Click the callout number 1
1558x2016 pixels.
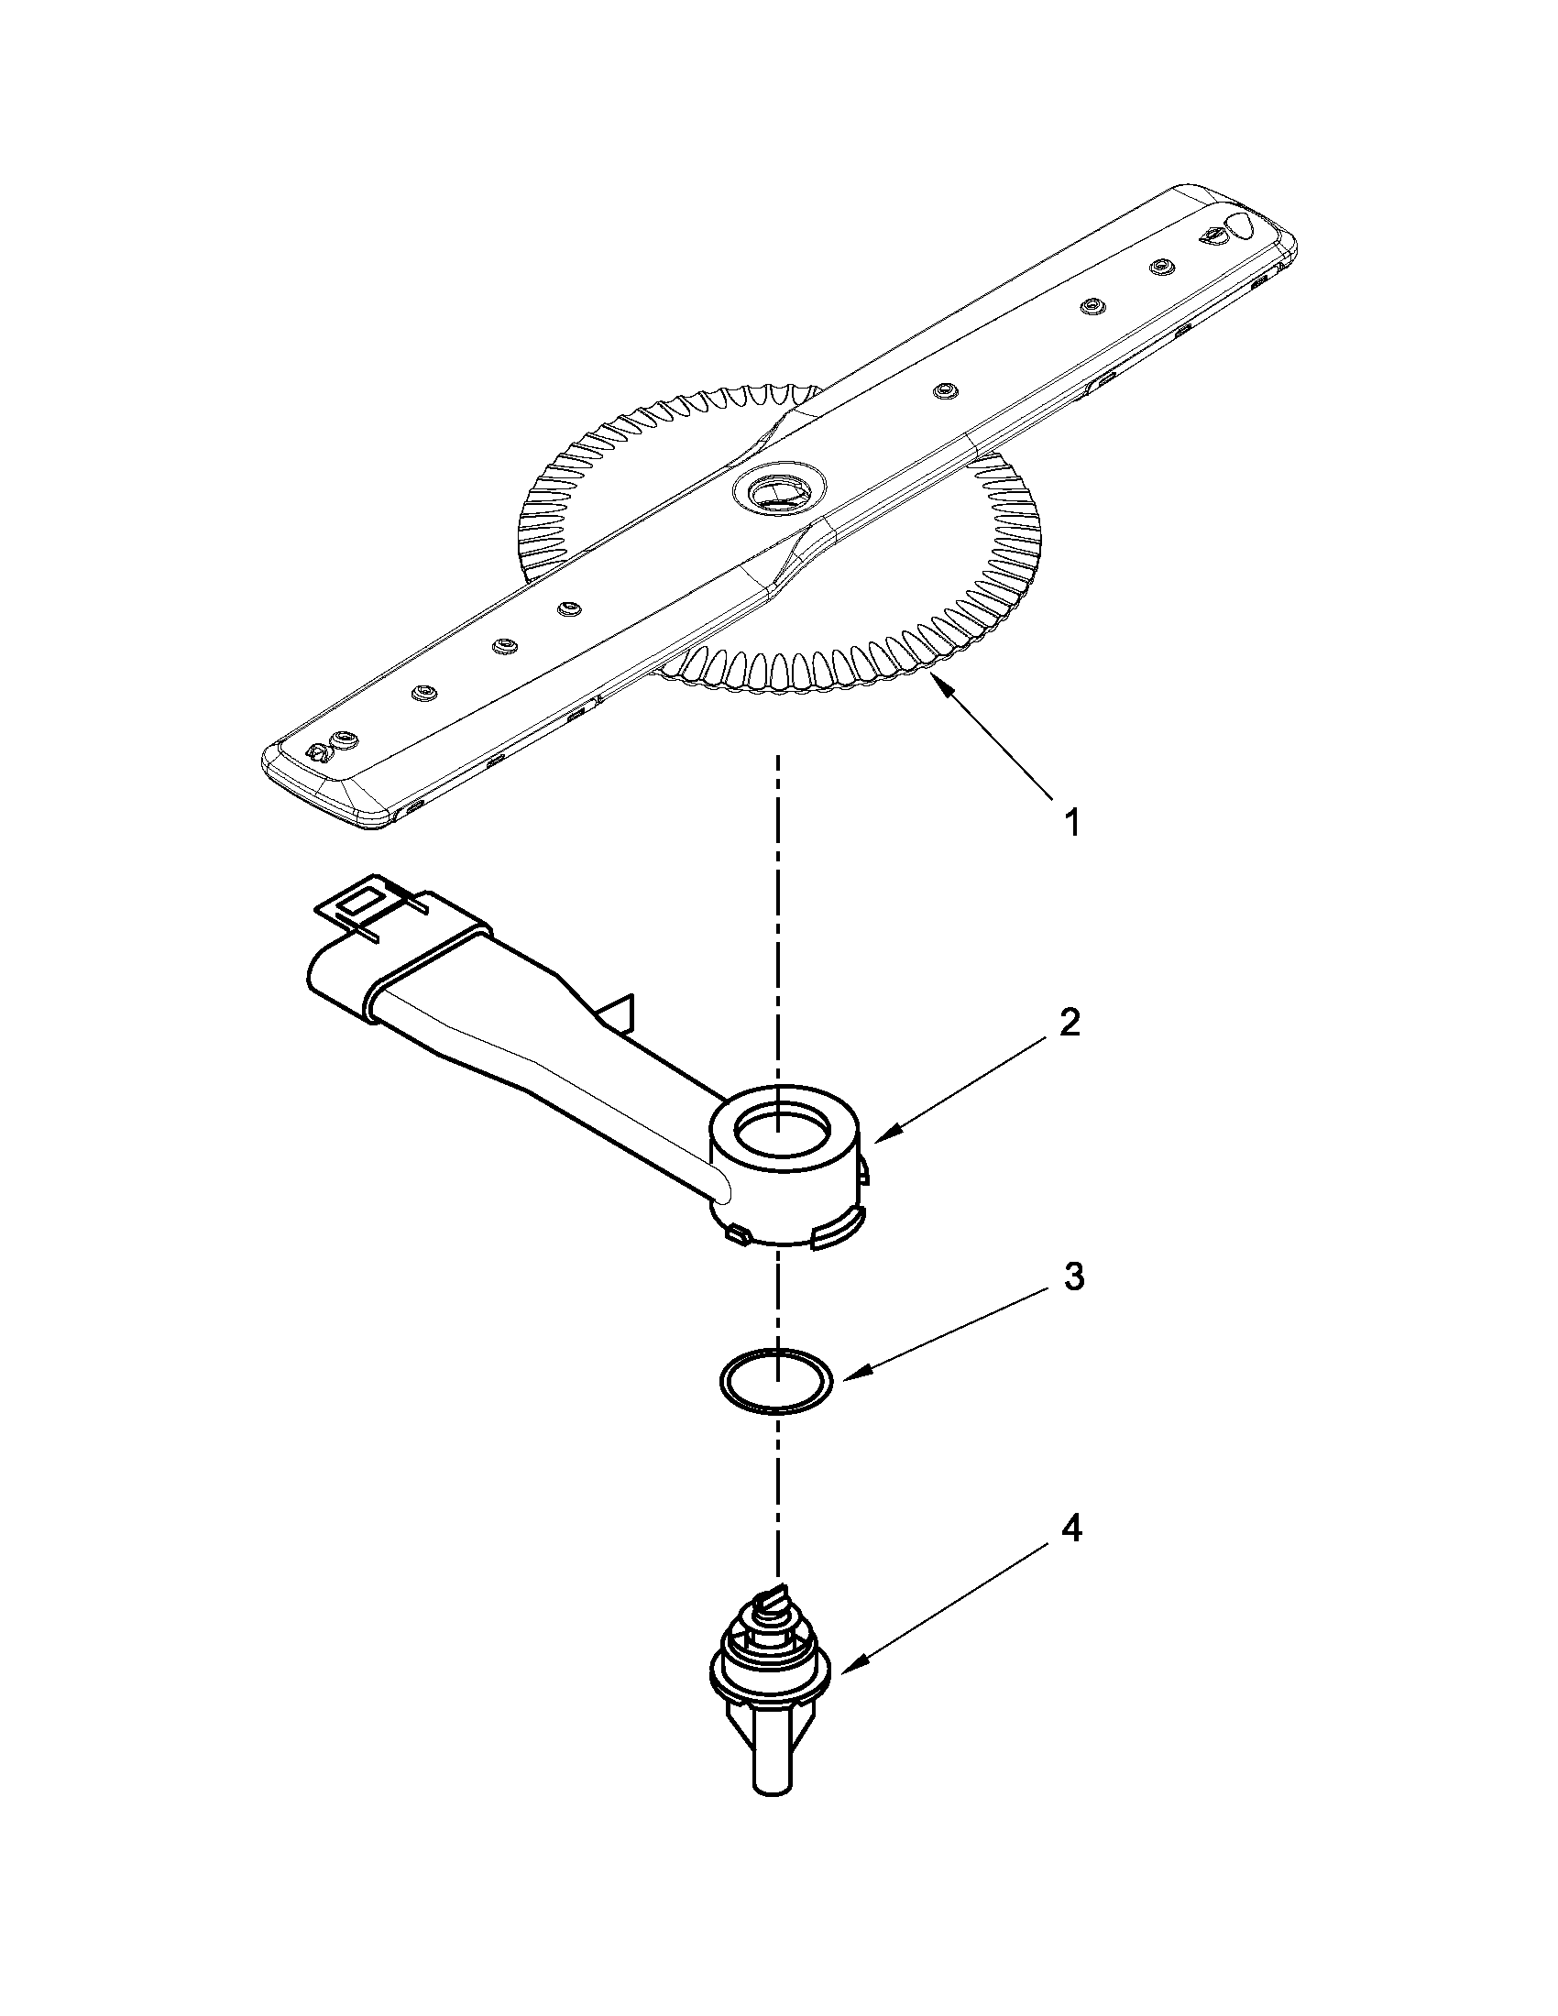click(1071, 823)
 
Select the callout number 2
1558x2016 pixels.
click(1068, 1024)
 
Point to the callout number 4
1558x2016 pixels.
click(1070, 1530)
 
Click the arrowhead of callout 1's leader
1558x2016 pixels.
click(938, 681)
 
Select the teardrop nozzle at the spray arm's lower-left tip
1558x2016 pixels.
click(316, 753)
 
